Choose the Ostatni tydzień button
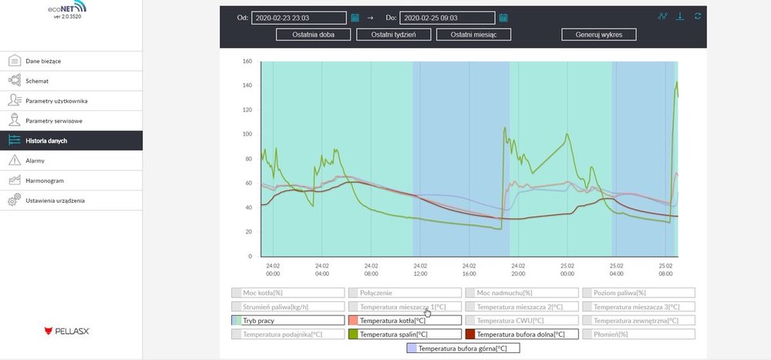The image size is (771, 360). (393, 35)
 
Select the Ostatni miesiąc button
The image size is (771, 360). (473, 35)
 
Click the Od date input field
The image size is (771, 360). (298, 18)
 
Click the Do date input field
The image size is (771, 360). (447, 18)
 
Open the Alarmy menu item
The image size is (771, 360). (35, 160)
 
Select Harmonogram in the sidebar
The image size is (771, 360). (44, 180)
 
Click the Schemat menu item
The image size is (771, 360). (36, 80)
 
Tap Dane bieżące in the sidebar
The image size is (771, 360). (42, 60)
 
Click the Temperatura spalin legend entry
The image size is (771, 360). (404, 335)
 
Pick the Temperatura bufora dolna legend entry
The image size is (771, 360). (520, 335)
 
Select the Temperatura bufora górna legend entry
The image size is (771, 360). (463, 348)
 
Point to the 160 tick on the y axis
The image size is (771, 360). (247, 62)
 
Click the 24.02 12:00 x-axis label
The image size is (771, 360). (420, 269)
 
